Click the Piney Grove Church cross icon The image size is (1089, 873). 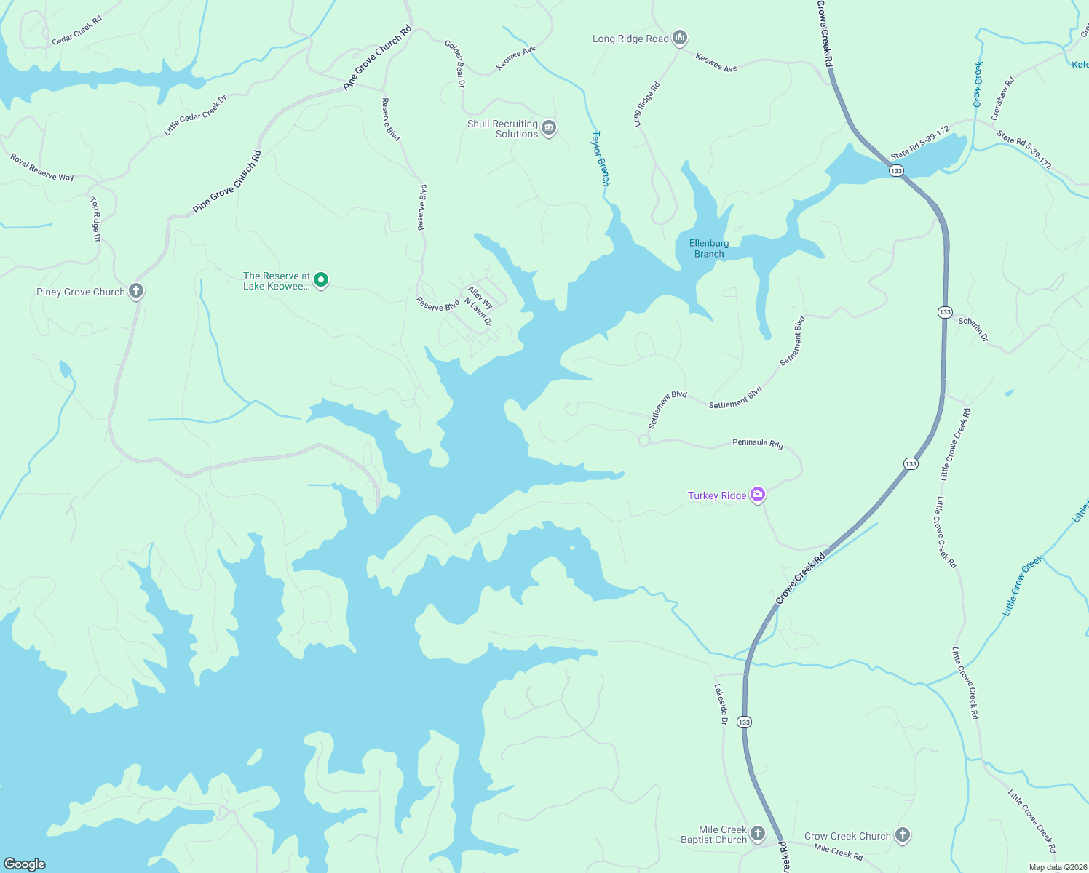click(136, 291)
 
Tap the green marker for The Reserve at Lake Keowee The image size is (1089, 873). click(320, 280)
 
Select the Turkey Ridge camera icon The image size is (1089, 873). click(758, 495)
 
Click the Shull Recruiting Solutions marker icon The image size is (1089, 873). click(549, 128)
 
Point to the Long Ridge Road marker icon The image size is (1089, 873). click(680, 38)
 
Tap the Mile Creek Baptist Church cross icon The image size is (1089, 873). click(758, 833)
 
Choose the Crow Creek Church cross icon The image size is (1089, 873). click(903, 835)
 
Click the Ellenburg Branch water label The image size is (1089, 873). click(709, 249)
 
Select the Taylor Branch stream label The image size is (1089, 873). click(601, 158)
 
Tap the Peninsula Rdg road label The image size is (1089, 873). click(758, 443)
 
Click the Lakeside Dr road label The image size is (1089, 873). click(721, 703)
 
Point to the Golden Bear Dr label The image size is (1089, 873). click(456, 64)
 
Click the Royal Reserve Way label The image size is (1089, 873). click(42, 167)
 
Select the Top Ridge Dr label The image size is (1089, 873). click(95, 219)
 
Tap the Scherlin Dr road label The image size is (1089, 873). click(974, 329)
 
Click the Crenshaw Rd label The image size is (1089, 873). click(1002, 99)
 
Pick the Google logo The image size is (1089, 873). click(25, 864)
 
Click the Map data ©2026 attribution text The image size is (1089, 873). click(1057, 867)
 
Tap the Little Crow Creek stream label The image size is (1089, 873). click(1023, 586)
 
